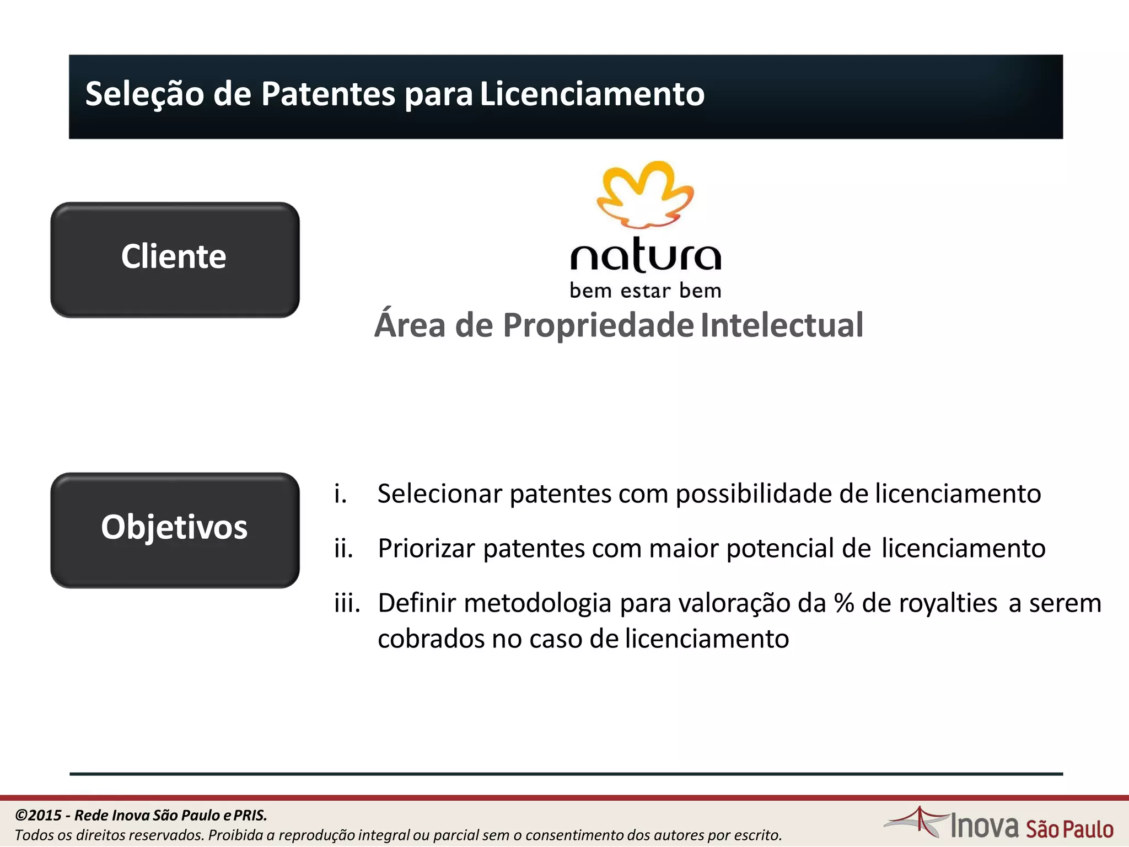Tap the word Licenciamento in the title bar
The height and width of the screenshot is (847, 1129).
coord(592,94)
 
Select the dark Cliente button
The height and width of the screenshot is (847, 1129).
coord(175,259)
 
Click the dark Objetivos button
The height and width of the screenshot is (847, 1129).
coord(175,529)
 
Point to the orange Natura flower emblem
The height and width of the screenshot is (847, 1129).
coord(645,194)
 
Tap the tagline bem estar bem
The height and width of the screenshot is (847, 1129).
coord(645,291)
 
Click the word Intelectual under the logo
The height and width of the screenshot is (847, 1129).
coord(782,325)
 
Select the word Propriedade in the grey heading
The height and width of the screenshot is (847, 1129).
coord(598,325)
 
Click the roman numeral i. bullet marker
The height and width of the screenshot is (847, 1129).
coord(340,494)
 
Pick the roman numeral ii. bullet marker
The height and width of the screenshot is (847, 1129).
coord(343,548)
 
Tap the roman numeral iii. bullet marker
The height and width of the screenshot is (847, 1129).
coord(347,603)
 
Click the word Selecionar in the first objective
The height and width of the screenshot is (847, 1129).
coord(439,494)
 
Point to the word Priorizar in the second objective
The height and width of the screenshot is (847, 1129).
coord(426,549)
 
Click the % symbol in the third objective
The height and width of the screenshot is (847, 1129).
coord(843,603)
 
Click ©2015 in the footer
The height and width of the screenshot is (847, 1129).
coord(38,815)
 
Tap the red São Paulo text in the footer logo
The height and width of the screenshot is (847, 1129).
coord(1069,829)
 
